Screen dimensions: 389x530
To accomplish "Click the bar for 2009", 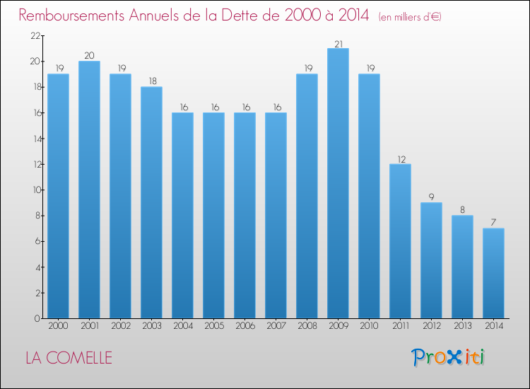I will [338, 183].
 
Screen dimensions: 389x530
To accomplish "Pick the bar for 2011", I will [400, 241].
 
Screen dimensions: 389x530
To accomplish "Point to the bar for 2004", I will [182, 216].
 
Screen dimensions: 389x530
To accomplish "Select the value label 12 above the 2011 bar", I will [400, 159].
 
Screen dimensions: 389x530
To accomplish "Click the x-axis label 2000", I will [58, 326].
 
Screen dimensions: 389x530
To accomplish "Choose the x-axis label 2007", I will [276, 326].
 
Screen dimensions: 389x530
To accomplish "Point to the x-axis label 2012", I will [431, 326].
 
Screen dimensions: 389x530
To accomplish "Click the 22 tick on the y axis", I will [35, 35].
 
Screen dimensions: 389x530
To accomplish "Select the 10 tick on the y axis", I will [35, 190].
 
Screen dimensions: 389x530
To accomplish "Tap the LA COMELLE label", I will [69, 358].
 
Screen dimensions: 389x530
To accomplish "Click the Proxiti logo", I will [448, 357].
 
